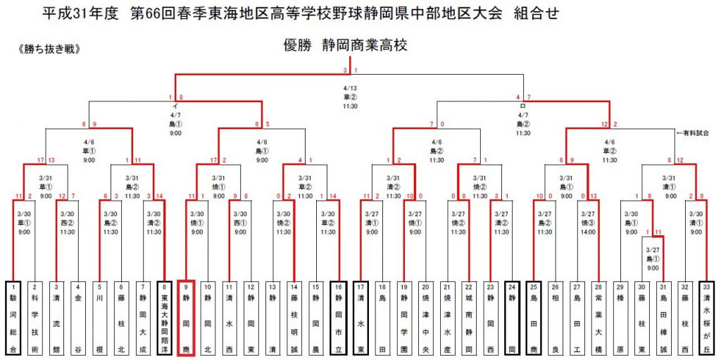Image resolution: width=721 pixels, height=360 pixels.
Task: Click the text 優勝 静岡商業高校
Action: pyautogui.click(x=345, y=46)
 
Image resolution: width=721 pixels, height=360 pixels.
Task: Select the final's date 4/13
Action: pyautogui.click(x=349, y=88)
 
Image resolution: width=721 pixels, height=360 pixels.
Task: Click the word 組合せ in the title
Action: pyautogui.click(x=538, y=13)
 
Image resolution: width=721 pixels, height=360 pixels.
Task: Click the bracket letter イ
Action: pyautogui.click(x=175, y=106)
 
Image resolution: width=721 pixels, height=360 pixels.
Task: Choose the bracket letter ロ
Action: pyautogui.click(x=523, y=106)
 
